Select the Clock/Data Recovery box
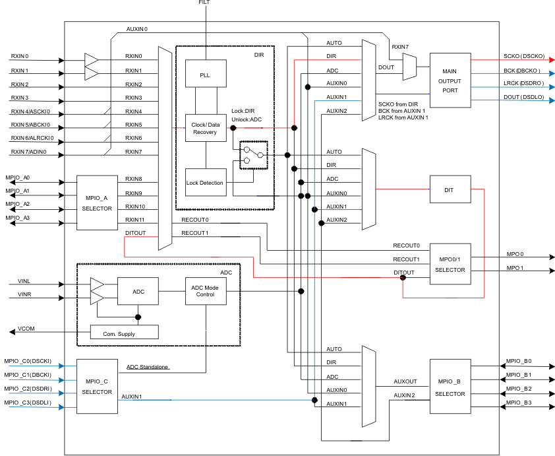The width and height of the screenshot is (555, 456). pyautogui.click(x=206, y=128)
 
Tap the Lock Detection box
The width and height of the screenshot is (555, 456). pyautogui.click(x=206, y=183)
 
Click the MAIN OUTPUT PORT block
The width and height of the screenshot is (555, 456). pyautogui.click(x=450, y=80)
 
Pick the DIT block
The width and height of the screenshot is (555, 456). pyautogui.click(x=450, y=190)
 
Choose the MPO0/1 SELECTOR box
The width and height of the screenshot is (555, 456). pyautogui.click(x=450, y=264)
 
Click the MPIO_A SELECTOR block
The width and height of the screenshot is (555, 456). pyautogui.click(x=97, y=203)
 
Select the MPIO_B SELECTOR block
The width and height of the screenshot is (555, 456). pyautogui.click(x=450, y=387)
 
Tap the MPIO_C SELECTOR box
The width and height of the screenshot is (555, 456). pyautogui.click(x=97, y=386)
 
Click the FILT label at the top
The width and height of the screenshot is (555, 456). pyautogui.click(x=205, y=3)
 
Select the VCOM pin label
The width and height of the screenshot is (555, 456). pyautogui.click(x=26, y=328)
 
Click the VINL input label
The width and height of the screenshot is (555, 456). pyautogui.click(x=24, y=281)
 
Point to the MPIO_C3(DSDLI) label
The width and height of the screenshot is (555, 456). pyautogui.click(x=32, y=402)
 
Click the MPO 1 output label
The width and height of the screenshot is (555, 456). pyautogui.click(x=515, y=268)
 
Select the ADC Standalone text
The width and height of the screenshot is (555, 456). pyautogui.click(x=148, y=367)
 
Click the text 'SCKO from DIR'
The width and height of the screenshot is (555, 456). pyautogui.click(x=399, y=104)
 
